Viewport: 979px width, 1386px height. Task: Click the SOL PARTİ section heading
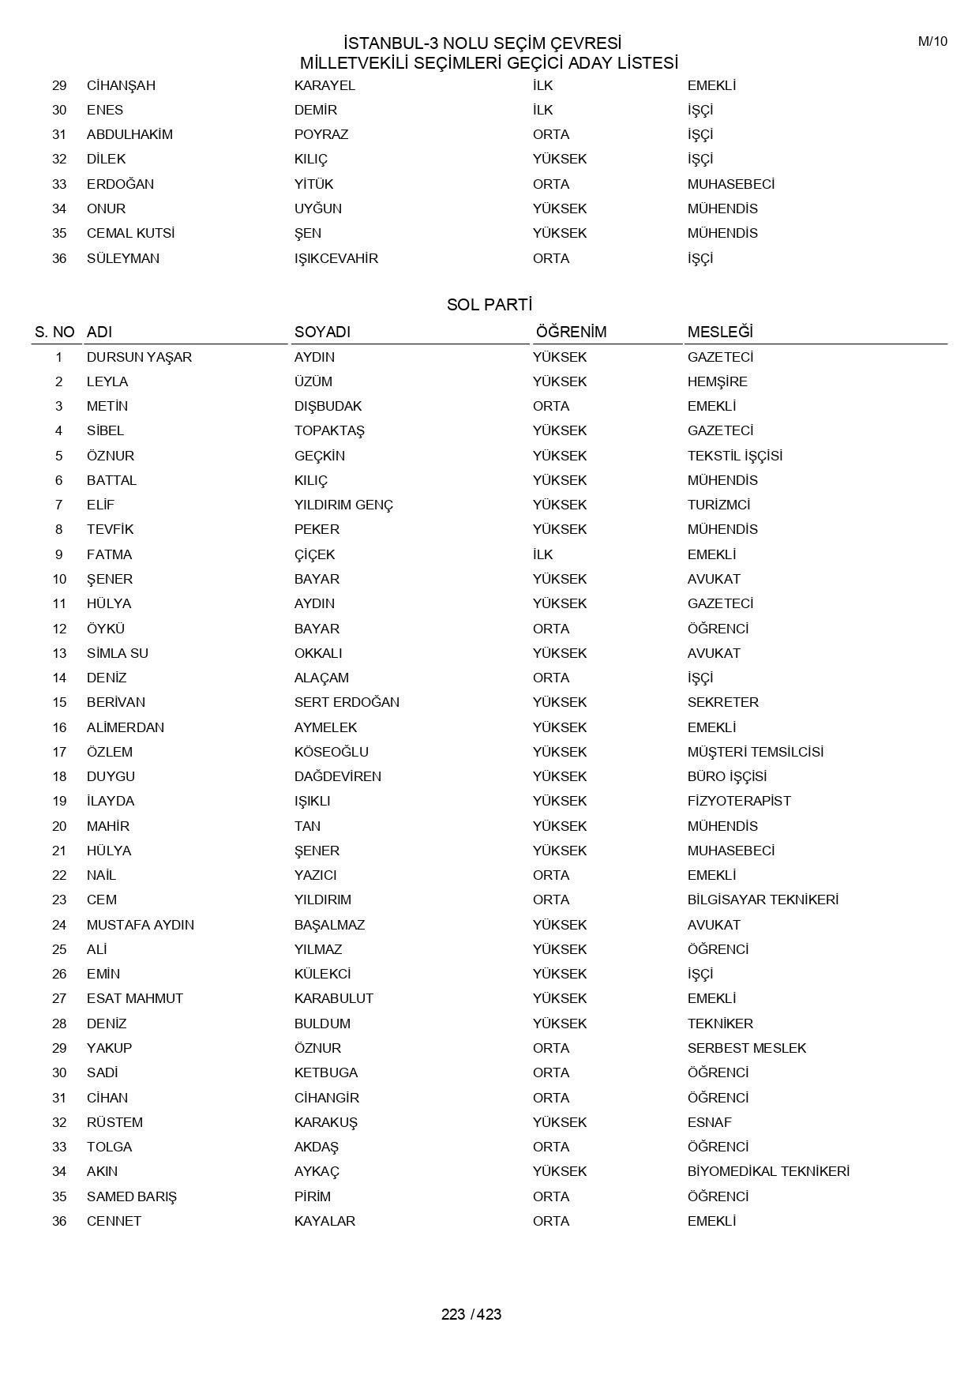tap(489, 305)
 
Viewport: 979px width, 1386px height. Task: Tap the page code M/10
tap(932, 42)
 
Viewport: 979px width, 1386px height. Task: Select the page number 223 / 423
tap(471, 1314)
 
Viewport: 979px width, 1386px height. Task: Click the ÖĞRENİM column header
tap(571, 332)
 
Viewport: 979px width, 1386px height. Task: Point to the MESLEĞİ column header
tap(720, 332)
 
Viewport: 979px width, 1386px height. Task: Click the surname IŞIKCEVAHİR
tap(336, 258)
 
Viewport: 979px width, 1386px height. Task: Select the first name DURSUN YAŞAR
tap(139, 357)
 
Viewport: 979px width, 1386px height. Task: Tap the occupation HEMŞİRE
tap(717, 381)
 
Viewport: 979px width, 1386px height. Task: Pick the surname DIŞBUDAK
tap(328, 406)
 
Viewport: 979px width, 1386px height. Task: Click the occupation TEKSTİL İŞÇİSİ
tap(734, 456)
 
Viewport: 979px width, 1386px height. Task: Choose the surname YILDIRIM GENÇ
tap(343, 505)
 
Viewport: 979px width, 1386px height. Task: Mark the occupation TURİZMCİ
tap(718, 505)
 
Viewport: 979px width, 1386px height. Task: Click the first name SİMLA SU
tap(118, 653)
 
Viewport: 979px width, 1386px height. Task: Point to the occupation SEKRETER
tap(722, 702)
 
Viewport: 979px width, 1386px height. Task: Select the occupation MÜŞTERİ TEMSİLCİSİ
tap(755, 752)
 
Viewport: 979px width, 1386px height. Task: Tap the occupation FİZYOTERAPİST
tap(738, 801)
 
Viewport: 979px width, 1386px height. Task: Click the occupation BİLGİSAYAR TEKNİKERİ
tap(763, 900)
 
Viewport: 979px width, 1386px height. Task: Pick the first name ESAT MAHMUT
tap(135, 998)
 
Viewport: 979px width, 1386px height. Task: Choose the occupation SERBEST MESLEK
tap(747, 1048)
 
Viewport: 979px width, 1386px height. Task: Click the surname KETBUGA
tap(326, 1072)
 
